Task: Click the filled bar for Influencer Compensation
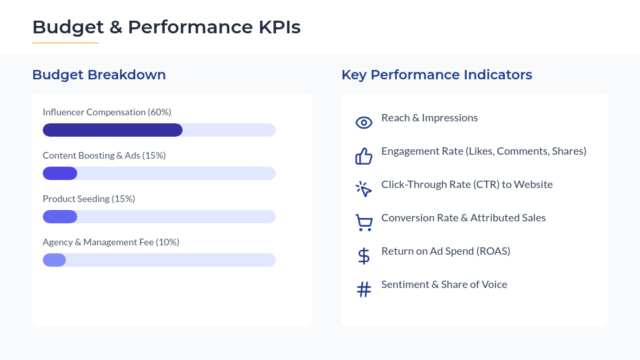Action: pyautogui.click(x=113, y=130)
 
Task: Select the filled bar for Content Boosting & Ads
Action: pyautogui.click(x=60, y=173)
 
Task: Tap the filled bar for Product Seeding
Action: pyautogui.click(x=60, y=216)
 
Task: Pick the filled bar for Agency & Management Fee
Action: pyautogui.click(x=54, y=260)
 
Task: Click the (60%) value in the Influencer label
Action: pyautogui.click(x=159, y=112)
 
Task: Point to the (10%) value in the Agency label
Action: pyautogui.click(x=167, y=242)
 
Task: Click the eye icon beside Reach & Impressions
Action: pyautogui.click(x=364, y=123)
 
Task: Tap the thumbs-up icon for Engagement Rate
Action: pyautogui.click(x=364, y=156)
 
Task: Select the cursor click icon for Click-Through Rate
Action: pyautogui.click(x=364, y=189)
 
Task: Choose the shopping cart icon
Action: pyautogui.click(x=364, y=223)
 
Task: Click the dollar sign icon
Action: pyautogui.click(x=364, y=256)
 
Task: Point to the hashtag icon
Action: pyautogui.click(x=364, y=289)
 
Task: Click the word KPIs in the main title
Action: pyautogui.click(x=279, y=27)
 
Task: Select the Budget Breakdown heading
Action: pyautogui.click(x=99, y=75)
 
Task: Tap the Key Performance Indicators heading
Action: pyautogui.click(x=437, y=75)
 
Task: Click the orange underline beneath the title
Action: pyautogui.click(x=65, y=43)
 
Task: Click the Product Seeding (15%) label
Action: pyautogui.click(x=89, y=199)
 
